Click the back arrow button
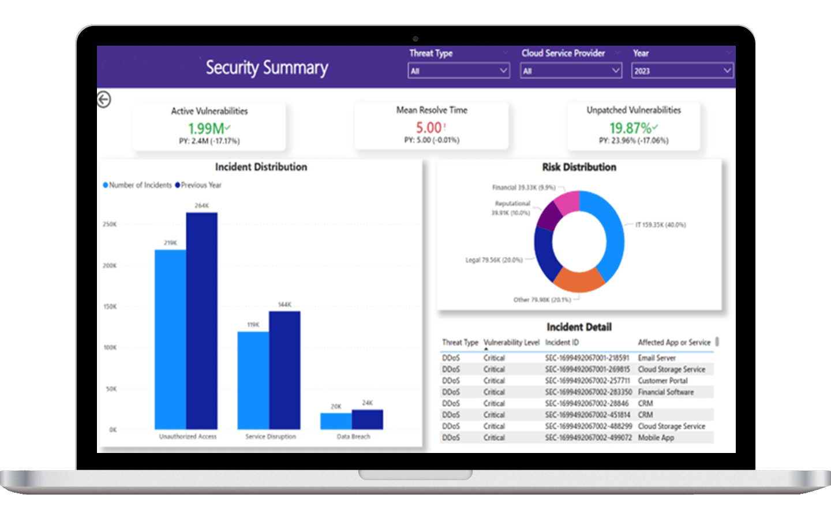coord(104,99)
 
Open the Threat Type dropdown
coord(458,70)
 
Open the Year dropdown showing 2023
coord(682,70)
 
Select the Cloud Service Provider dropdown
coord(570,70)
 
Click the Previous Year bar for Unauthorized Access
coord(201,321)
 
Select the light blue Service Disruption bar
coord(253,380)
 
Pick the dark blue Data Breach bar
coord(367,419)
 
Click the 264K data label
coord(201,206)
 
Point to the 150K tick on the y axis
coord(110,307)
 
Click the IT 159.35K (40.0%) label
coord(660,225)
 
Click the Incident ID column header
coord(562,343)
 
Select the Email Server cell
coord(656,358)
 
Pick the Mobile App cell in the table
coord(656,438)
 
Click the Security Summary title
coord(267,68)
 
